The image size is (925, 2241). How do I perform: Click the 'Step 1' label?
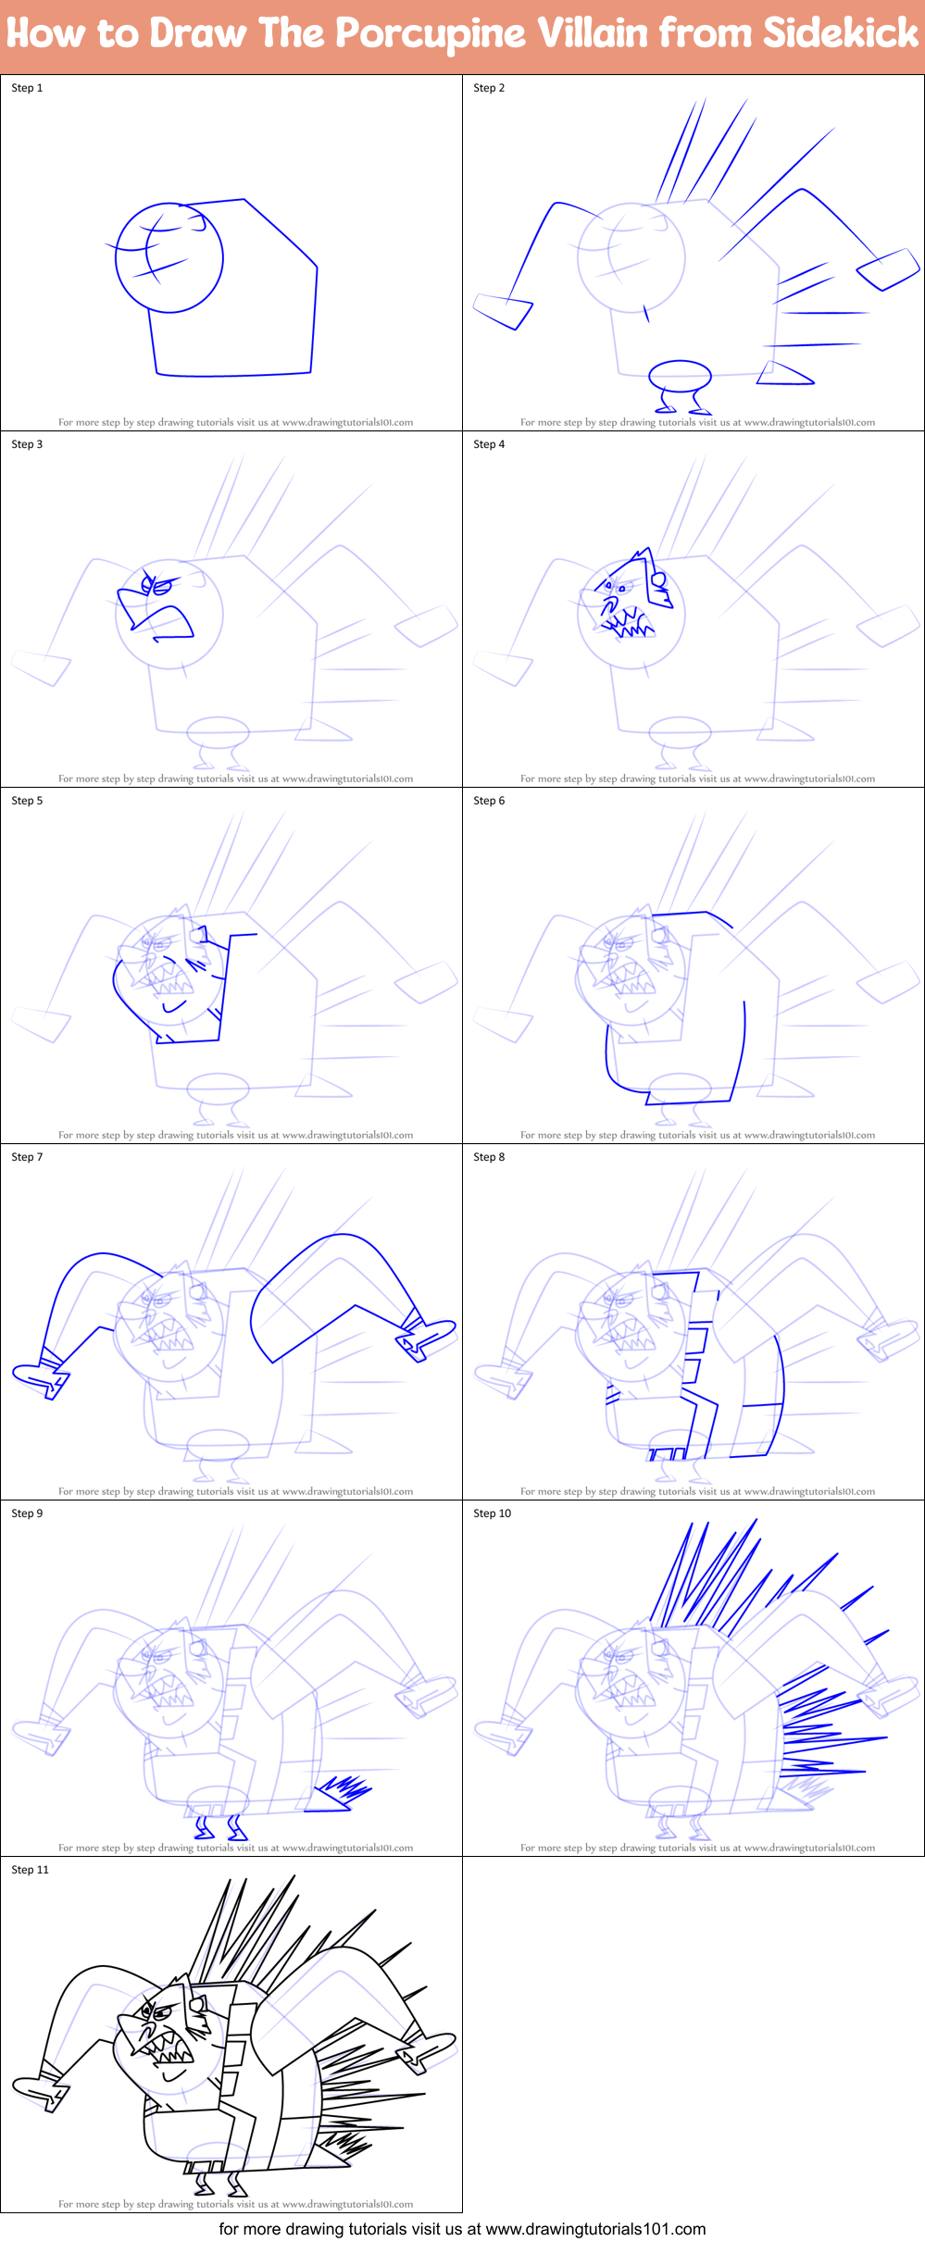click(x=27, y=88)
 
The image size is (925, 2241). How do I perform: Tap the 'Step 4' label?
click(x=489, y=444)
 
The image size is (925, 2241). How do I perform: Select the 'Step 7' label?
click(x=27, y=1157)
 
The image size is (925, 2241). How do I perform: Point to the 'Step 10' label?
click(x=492, y=1513)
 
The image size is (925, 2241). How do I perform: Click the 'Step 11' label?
click(x=30, y=1870)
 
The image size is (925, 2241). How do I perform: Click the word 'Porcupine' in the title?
click(x=431, y=34)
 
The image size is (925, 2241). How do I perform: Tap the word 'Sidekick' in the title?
click(x=841, y=33)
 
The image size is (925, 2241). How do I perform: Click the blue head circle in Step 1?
click(x=169, y=257)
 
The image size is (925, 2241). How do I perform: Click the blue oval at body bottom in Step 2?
click(x=680, y=376)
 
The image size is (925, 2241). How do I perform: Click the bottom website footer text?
click(x=462, y=2228)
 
